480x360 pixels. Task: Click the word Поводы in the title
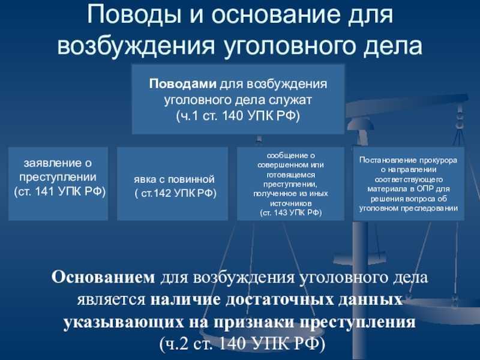coord(133,16)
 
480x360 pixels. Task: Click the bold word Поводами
coord(183,84)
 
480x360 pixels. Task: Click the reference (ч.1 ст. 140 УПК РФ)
coord(238,116)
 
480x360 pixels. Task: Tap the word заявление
coord(58,163)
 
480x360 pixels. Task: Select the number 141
coord(44,191)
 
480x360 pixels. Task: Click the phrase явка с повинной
coord(174,179)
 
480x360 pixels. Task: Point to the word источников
coord(291,203)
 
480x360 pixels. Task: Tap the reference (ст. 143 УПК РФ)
coord(291,213)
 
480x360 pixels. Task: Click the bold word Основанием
coord(103,278)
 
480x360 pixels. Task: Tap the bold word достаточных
coord(280,299)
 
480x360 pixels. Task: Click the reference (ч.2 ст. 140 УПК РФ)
coord(242,344)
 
